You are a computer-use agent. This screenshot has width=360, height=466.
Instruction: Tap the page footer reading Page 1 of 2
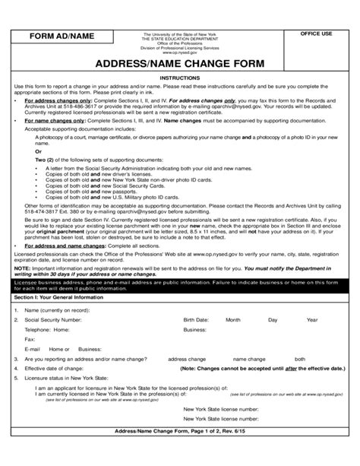click(x=179, y=453)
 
